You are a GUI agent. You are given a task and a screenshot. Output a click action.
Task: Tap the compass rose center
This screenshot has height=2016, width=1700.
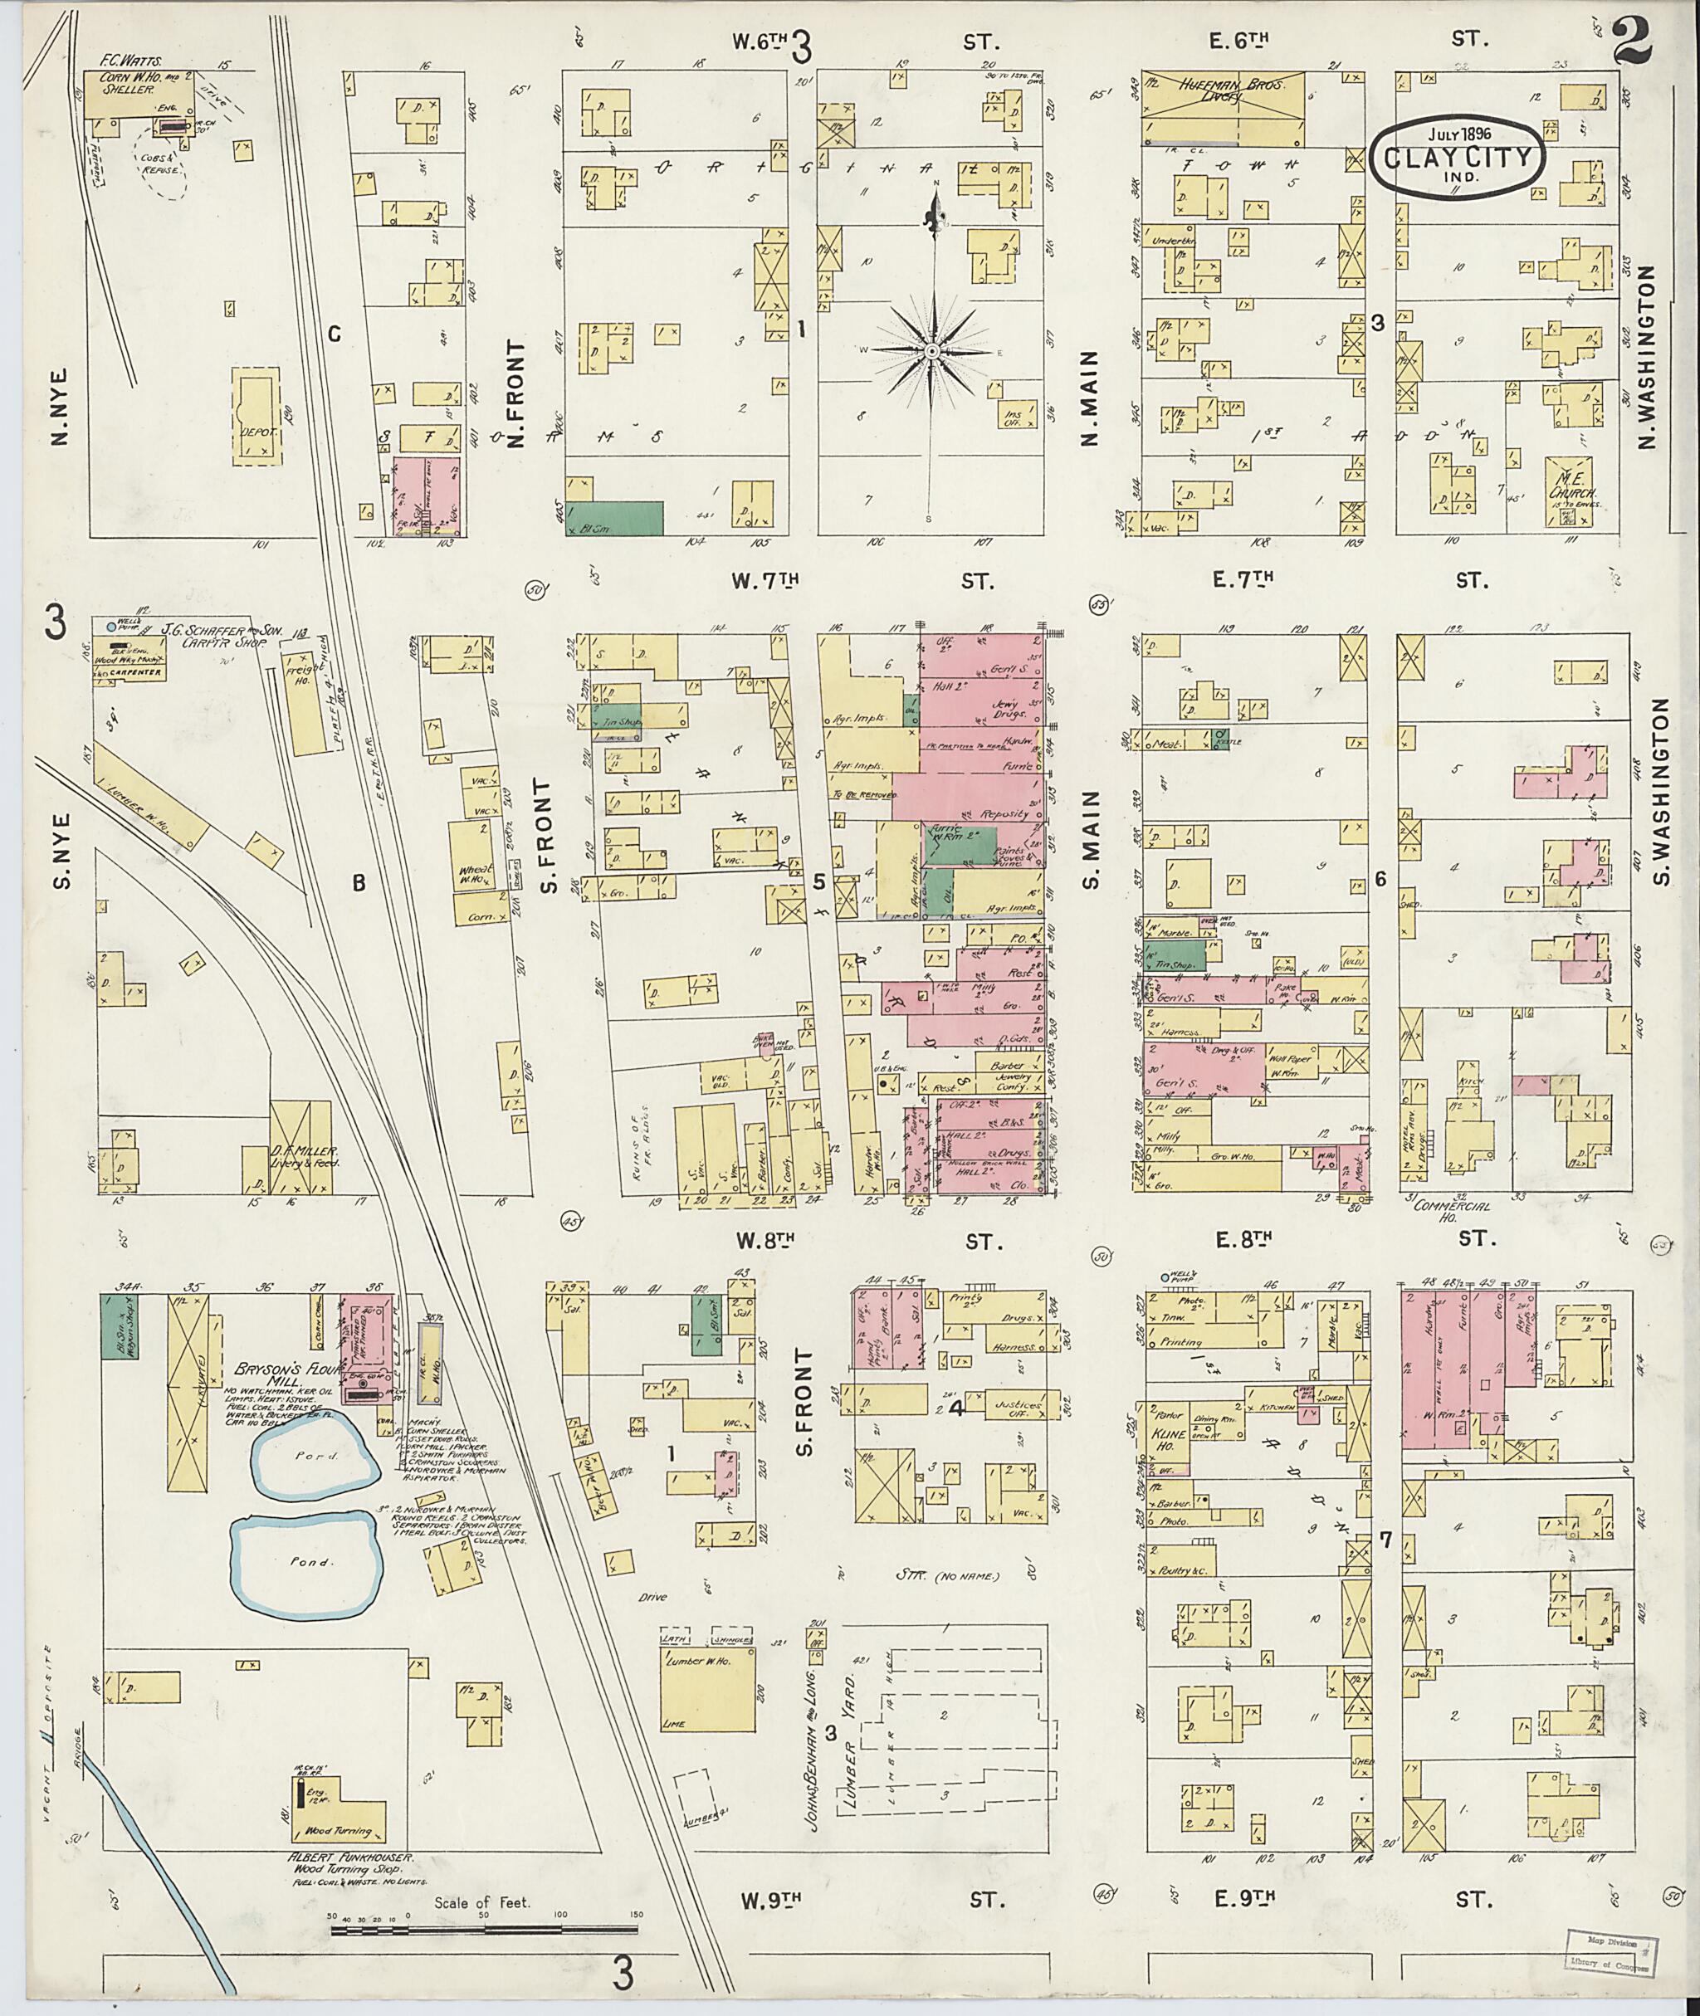(932, 354)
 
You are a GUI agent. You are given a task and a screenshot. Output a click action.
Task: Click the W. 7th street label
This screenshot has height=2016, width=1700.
(766, 580)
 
